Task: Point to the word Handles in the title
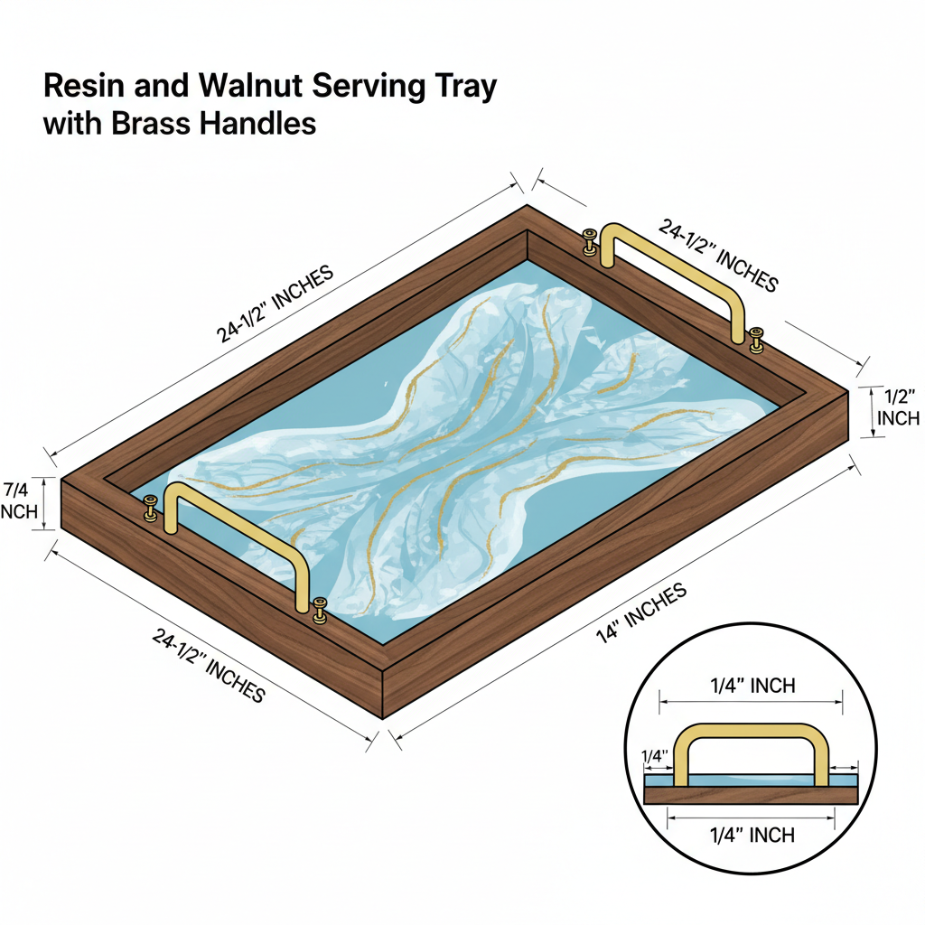pyautogui.click(x=257, y=123)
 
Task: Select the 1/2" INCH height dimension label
pyautogui.click(x=898, y=407)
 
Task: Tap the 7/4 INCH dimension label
pyautogui.click(x=18, y=500)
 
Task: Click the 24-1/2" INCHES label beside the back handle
pyautogui.click(x=718, y=256)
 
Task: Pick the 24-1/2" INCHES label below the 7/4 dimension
pyautogui.click(x=209, y=666)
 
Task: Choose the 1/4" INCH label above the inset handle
pyautogui.click(x=752, y=686)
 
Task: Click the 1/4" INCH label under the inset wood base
pyautogui.click(x=752, y=835)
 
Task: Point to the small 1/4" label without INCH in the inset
pyautogui.click(x=654, y=756)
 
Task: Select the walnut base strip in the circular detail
pyautogui.click(x=750, y=795)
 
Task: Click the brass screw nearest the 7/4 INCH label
pyautogui.click(x=151, y=508)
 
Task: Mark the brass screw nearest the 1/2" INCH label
pyautogui.click(x=756, y=340)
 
